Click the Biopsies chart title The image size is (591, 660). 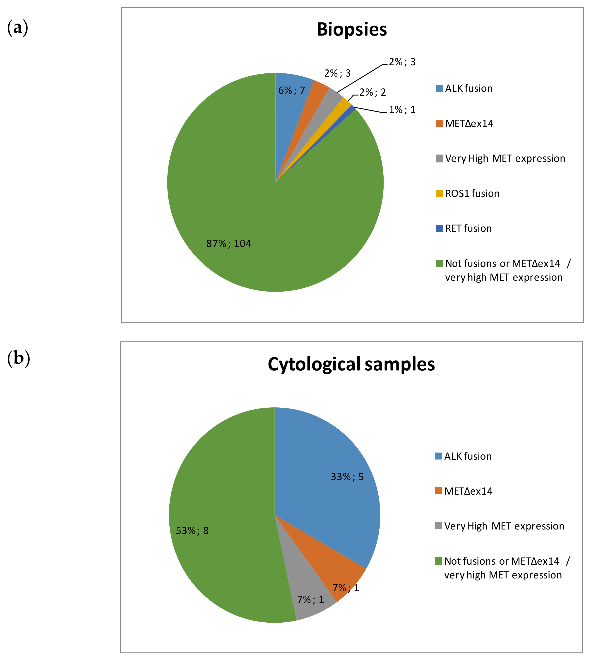pyautogui.click(x=352, y=30)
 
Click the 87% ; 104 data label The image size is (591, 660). pyautogui.click(x=229, y=244)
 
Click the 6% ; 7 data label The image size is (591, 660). pyautogui.click(x=292, y=90)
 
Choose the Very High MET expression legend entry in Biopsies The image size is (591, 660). pyautogui.click(x=505, y=159)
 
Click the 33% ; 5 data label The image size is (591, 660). pyautogui.click(x=347, y=477)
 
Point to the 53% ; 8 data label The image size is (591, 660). pyautogui.click(x=192, y=531)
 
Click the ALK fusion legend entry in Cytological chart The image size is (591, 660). pyautogui.click(x=468, y=456)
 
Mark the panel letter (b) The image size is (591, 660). pyautogui.click(x=18, y=358)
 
